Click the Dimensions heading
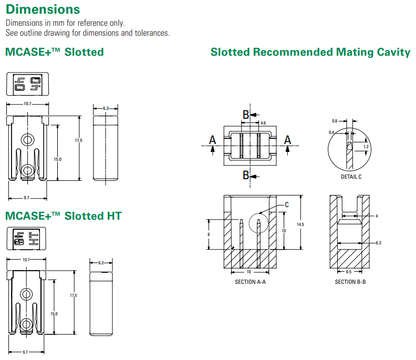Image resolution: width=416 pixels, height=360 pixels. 43,9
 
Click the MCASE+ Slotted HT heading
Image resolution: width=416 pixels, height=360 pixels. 63,216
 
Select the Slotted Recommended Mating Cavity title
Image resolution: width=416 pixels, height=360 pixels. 310,52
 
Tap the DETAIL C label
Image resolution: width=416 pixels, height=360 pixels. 351,177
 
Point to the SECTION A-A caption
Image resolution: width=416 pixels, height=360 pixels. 250,282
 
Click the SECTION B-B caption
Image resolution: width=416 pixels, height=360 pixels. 350,282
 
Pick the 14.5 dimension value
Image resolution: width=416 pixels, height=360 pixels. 300,224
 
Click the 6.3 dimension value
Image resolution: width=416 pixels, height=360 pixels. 378,243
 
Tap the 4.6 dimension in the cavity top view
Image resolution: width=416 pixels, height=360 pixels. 263,123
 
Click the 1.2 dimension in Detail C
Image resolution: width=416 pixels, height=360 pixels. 366,147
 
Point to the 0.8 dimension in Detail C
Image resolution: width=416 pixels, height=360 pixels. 335,121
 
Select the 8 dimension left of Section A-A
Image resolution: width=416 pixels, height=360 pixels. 209,234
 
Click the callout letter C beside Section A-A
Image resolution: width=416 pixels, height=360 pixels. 287,204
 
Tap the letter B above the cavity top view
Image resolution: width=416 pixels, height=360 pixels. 245,114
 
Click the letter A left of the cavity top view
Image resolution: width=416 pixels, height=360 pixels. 212,139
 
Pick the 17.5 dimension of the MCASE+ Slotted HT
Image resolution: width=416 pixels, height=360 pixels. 74,296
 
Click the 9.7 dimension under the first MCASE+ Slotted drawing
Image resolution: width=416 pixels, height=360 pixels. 26,198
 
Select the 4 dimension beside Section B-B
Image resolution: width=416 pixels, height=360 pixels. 377,216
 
